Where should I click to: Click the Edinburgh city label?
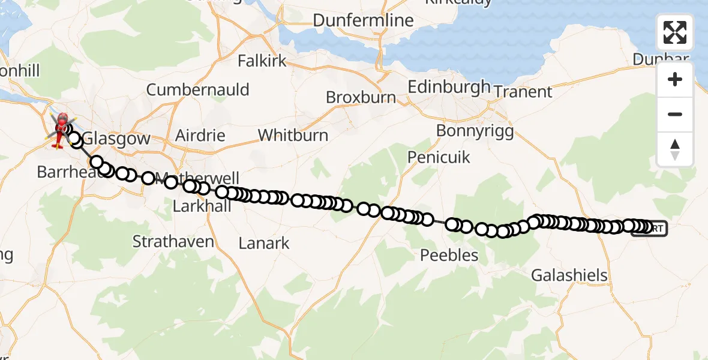tap(449, 87)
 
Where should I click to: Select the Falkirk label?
tap(262, 61)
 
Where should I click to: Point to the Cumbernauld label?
tap(198, 90)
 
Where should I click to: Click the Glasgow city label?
tap(116, 139)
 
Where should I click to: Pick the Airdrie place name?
tap(200, 135)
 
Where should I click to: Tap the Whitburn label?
tap(293, 135)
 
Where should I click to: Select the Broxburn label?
tap(361, 97)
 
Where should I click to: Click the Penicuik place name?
tap(439, 158)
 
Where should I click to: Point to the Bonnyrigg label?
tap(475, 131)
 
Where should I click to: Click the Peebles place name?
tap(449, 256)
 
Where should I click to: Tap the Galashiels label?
tap(569, 276)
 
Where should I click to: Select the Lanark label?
tap(264, 244)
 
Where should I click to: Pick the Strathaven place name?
tap(173, 242)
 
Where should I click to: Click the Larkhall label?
tap(197, 206)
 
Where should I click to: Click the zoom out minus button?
tap(675, 114)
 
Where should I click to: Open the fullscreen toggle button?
tap(675, 32)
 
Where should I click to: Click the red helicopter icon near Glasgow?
tap(61, 130)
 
